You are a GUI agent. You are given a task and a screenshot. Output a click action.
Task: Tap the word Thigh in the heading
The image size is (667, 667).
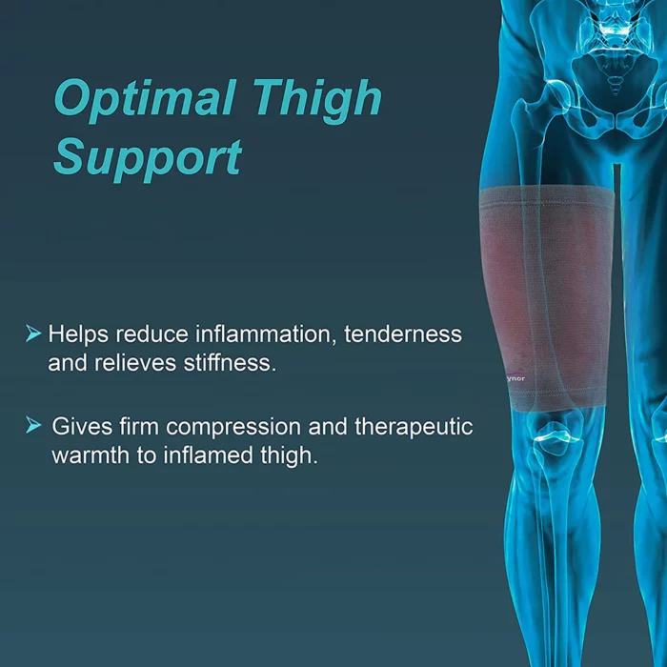(317, 100)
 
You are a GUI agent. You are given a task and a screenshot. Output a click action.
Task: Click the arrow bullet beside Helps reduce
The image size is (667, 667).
(33, 333)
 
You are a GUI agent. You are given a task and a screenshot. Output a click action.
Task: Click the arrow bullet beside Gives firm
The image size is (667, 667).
(33, 425)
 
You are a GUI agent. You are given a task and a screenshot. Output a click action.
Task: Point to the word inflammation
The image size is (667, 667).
(263, 333)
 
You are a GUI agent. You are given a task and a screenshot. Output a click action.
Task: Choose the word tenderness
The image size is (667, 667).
(403, 333)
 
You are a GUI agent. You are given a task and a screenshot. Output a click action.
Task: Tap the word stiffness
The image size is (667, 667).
(231, 363)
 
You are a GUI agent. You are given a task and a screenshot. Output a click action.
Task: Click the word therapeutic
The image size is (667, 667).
(414, 427)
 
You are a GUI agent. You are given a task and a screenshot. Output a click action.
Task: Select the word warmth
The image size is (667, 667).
(91, 455)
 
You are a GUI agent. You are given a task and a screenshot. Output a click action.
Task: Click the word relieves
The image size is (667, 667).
(135, 363)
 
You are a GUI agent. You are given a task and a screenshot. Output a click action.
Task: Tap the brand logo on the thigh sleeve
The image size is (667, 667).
(516, 377)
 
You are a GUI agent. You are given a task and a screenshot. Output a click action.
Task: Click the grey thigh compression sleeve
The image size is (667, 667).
(548, 297)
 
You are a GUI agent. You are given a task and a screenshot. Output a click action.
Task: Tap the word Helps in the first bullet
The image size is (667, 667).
(78, 334)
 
